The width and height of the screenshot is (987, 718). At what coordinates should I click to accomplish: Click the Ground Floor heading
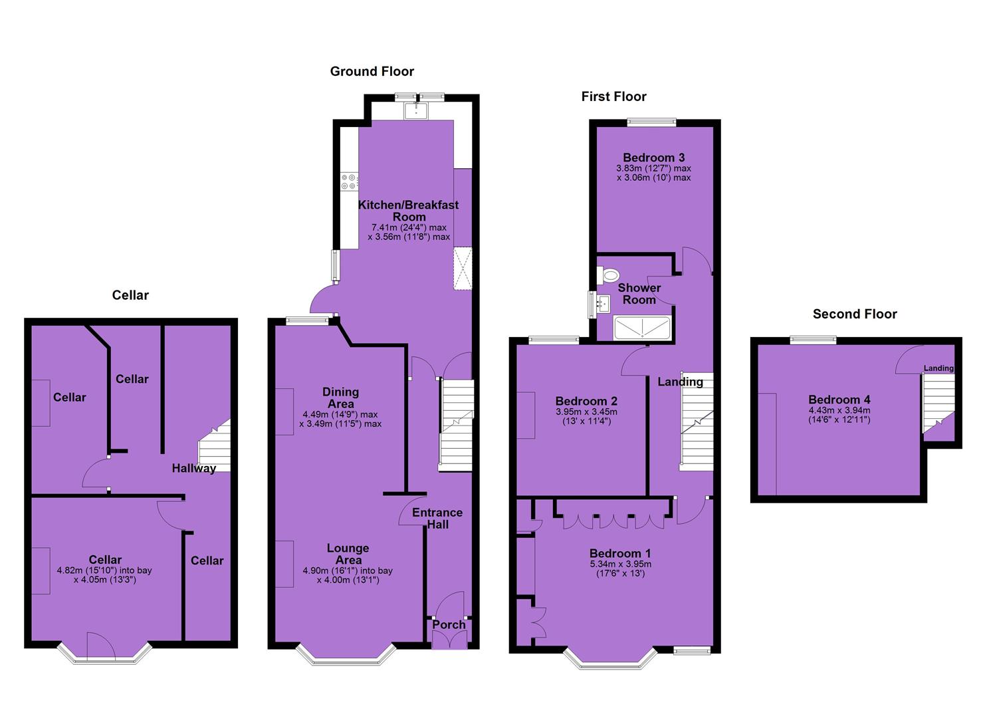(372, 71)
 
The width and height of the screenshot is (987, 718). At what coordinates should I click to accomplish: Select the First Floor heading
(613, 96)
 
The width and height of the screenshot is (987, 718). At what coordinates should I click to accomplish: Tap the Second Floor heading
(855, 314)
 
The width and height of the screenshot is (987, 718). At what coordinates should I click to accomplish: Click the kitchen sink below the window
(415, 110)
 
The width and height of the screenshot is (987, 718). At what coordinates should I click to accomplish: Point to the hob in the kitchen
(349, 182)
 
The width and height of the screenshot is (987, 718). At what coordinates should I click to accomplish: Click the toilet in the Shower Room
(608, 276)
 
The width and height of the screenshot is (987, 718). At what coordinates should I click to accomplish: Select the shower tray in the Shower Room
(642, 328)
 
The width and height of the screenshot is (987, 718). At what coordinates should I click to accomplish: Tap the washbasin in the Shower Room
(603, 303)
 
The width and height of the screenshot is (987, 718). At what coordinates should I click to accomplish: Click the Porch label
(449, 625)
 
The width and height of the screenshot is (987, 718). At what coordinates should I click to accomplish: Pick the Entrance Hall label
(437, 519)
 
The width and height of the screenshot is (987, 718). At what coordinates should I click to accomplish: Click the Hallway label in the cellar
(194, 468)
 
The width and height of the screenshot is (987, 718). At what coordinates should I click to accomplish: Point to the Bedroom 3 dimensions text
(653, 174)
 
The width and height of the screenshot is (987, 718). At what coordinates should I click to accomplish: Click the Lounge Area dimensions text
(348, 575)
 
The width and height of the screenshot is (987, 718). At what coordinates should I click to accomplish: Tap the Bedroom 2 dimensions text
(586, 417)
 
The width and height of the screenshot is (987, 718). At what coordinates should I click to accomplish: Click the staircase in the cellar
(215, 445)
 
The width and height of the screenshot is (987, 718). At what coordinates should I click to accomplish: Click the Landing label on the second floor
(938, 368)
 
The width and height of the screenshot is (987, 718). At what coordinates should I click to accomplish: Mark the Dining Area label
(340, 398)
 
